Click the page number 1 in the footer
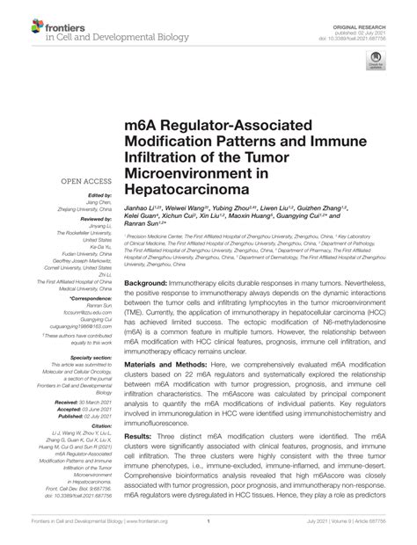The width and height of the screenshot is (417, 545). point(208,533)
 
